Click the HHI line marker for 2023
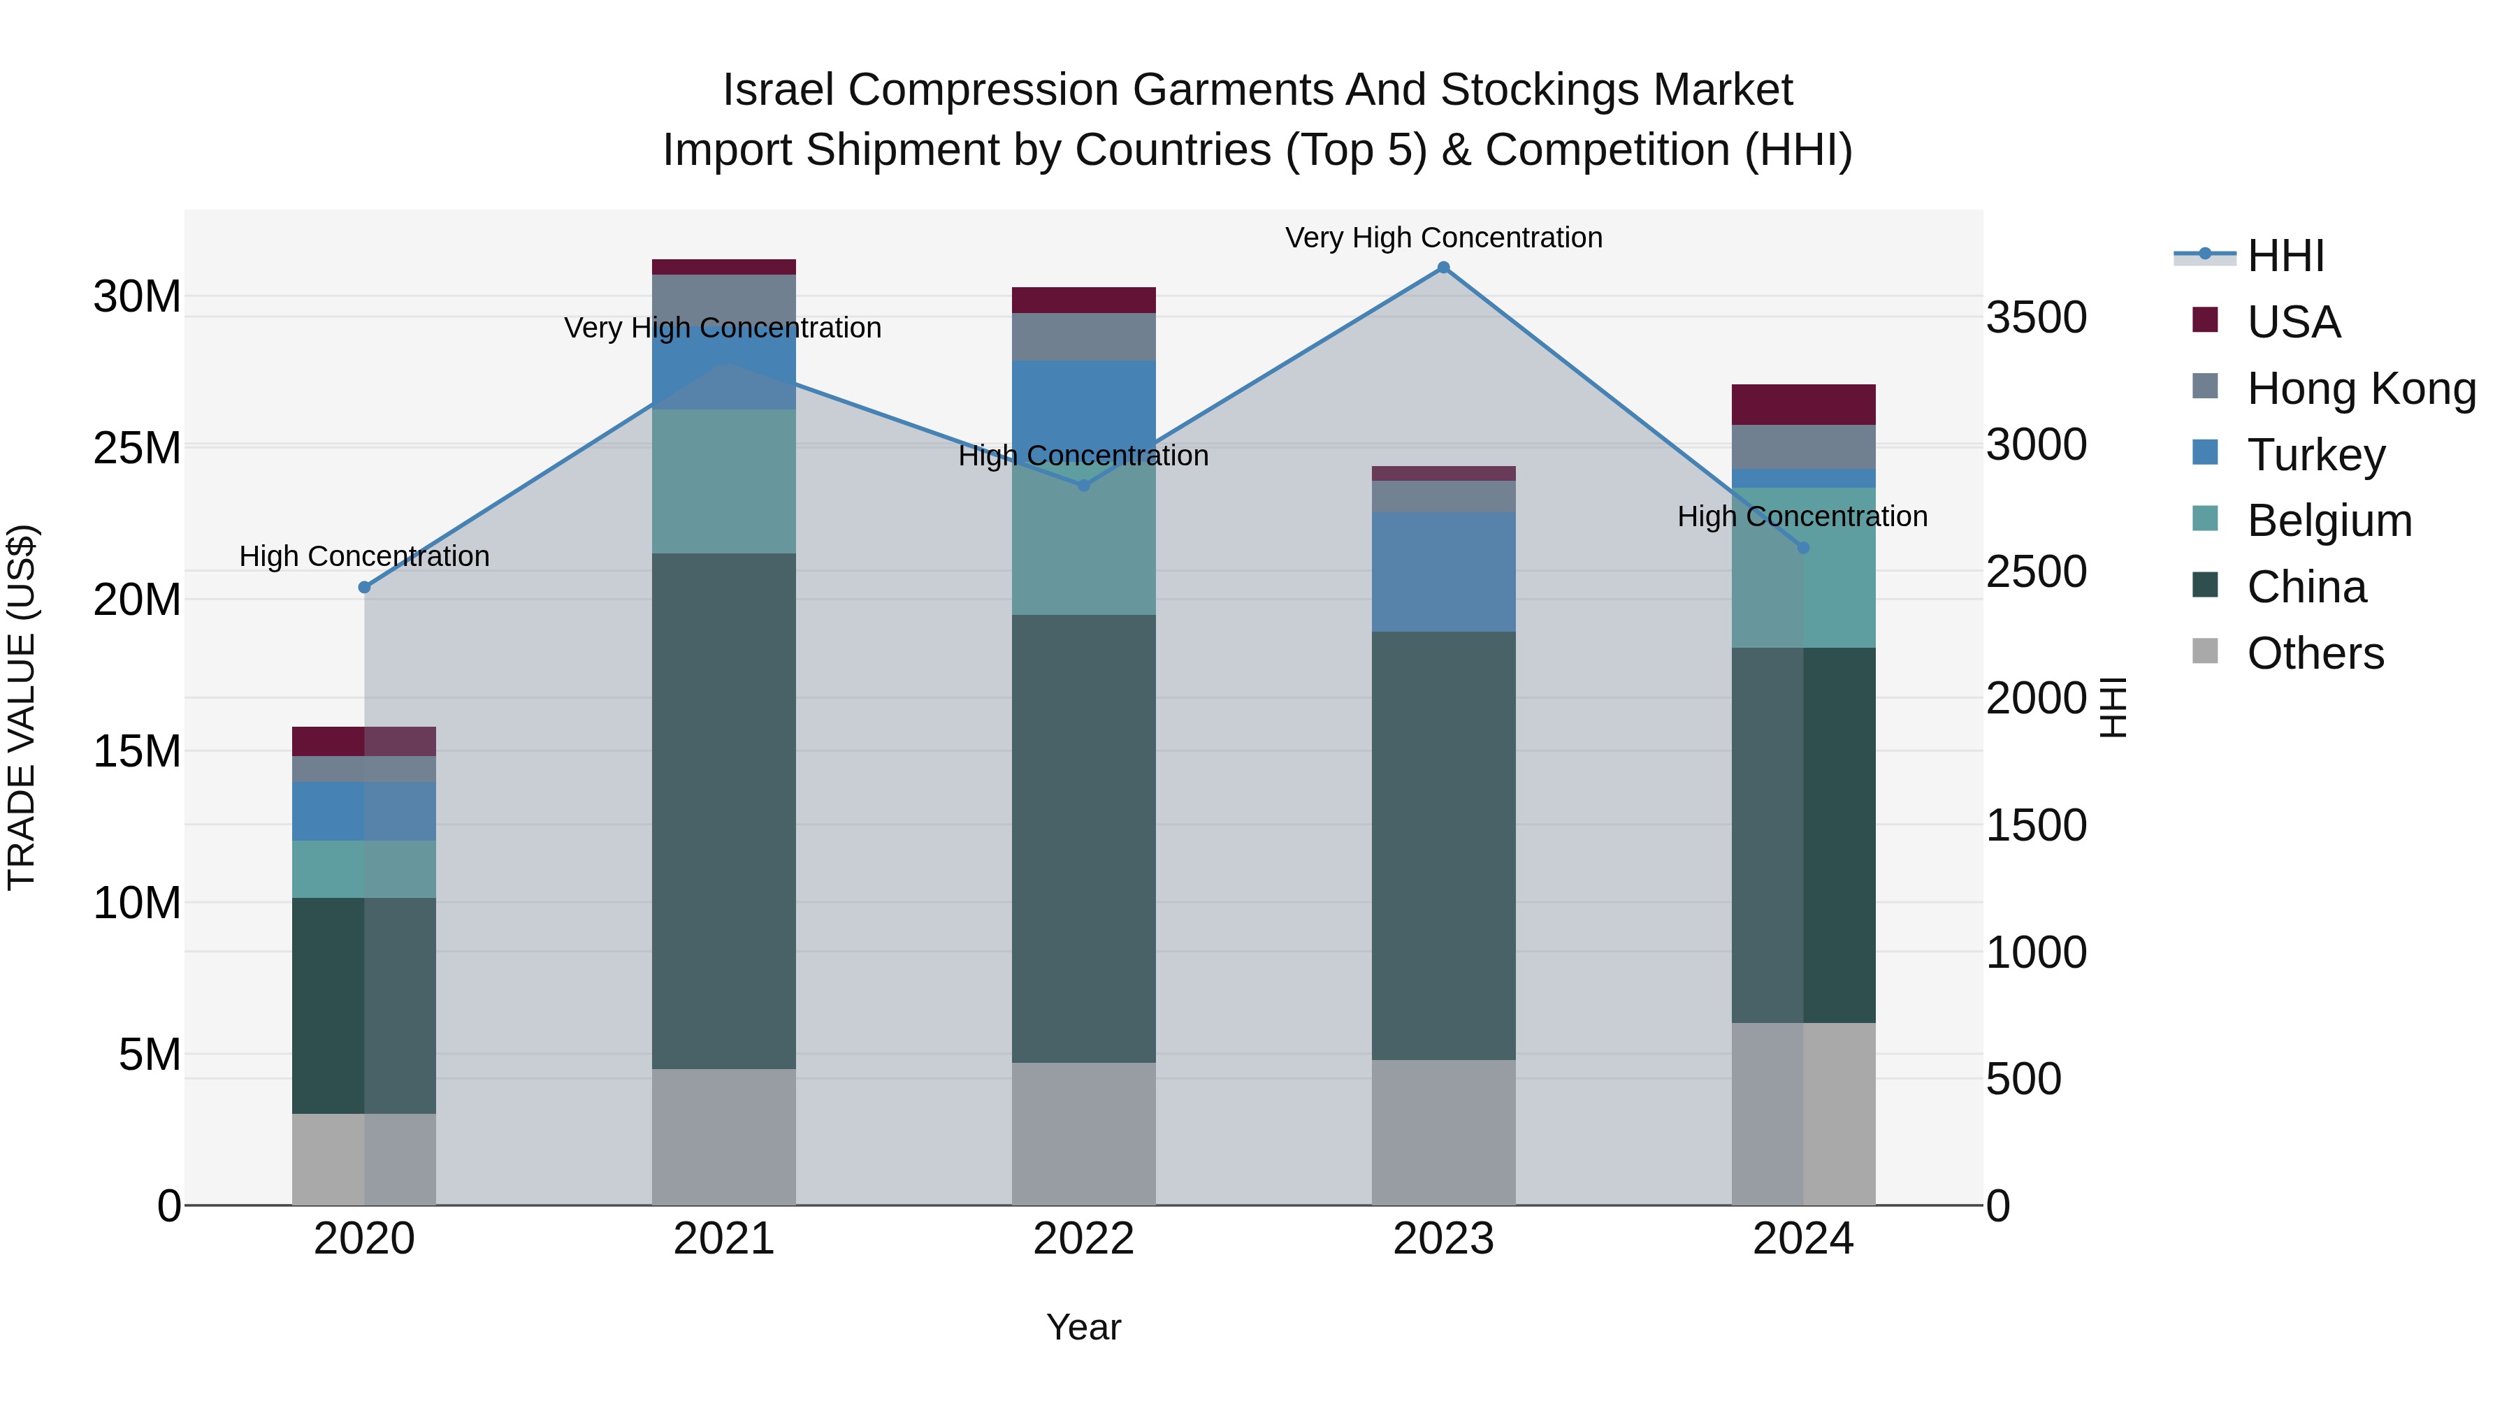click(1444, 268)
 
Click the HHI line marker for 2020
click(364, 588)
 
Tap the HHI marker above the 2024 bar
click(1803, 548)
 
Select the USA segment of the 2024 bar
click(1803, 405)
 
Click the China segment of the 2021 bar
click(724, 811)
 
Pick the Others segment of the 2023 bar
click(1444, 1132)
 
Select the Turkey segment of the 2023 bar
click(1444, 572)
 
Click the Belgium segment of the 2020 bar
click(364, 869)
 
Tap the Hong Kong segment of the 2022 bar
click(1083, 337)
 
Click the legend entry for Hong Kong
click(2361, 389)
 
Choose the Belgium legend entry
click(2329, 521)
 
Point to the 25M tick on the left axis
click(137, 448)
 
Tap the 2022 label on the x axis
click(1083, 1239)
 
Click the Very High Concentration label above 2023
click(1444, 238)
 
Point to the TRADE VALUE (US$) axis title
click(22, 707)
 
